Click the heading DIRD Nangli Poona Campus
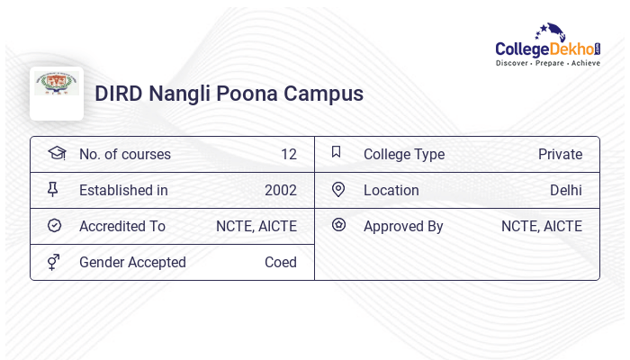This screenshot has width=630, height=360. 229,94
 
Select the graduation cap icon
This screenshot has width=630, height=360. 56,153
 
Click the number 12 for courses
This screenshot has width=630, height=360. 288,154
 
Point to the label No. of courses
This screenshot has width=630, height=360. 124,154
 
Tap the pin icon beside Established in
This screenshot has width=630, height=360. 54,189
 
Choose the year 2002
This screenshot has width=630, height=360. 280,190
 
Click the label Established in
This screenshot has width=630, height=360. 123,190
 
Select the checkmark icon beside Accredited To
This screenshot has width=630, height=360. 54,225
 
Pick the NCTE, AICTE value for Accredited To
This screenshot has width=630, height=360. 256,226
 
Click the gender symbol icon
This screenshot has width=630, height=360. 54,261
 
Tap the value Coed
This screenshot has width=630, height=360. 280,262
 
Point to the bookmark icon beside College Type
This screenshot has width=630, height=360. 336,152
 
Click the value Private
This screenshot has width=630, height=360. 560,154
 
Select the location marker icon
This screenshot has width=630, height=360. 338,189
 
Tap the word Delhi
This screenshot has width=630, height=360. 565,190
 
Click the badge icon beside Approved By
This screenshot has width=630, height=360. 338,225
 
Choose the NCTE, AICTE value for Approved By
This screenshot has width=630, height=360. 541,226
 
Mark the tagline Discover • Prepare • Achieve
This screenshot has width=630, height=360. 547,63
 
